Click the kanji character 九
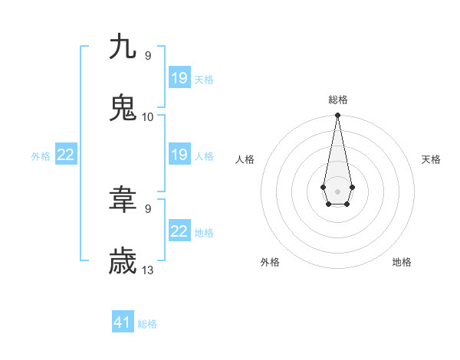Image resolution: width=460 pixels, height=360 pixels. [123, 47]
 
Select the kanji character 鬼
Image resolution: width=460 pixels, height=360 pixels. [123, 108]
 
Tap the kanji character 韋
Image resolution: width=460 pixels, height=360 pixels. [123, 200]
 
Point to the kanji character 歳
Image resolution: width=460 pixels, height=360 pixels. [123, 261]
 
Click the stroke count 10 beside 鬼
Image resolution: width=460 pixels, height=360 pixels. [148, 116]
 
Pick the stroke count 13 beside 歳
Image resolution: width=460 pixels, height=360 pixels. [148, 270]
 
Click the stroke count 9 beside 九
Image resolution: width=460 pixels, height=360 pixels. [148, 55]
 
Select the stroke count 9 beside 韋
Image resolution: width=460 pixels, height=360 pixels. [148, 208]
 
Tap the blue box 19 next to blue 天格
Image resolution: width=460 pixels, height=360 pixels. [179, 77]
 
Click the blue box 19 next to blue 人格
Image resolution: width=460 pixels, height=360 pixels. [179, 155]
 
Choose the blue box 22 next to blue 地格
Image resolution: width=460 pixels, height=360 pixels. [179, 231]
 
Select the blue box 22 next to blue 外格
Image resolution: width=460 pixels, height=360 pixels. [66, 155]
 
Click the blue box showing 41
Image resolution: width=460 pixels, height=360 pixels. [123, 322]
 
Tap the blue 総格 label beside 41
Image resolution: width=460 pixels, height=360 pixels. [147, 324]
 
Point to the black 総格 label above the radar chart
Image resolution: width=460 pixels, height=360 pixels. [337, 100]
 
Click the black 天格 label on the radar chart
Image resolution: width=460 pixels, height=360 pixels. [432, 159]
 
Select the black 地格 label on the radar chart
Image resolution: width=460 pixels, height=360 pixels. [402, 262]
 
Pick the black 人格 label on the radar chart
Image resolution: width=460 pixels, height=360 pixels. [245, 159]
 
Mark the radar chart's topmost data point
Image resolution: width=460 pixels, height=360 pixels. [337, 116]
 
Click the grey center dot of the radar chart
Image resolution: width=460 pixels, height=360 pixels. [337, 190]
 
